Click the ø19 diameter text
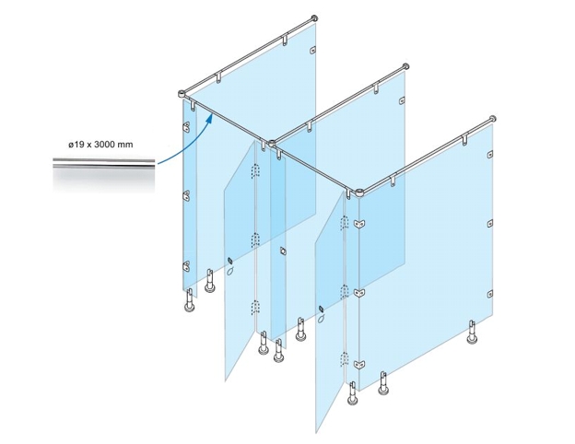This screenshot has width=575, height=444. coord(76,145)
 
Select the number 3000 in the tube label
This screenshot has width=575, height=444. coord(104,145)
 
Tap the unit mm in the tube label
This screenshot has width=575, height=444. coord(125,145)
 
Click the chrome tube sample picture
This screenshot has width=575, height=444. coord(104,173)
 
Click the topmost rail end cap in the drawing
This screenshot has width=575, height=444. coord(314,18)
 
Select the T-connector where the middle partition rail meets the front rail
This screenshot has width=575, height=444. coord(272,143)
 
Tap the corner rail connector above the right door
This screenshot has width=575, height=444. coord(359,193)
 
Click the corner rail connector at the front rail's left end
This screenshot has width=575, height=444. coord(182,94)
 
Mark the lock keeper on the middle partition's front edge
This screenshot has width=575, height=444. coord(282,251)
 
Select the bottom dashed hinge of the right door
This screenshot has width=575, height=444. coord(344,360)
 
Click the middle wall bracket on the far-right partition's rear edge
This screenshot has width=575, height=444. coord(490,224)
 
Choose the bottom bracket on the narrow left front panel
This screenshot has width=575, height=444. coord(187,265)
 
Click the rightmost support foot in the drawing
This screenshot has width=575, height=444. coord(473,333)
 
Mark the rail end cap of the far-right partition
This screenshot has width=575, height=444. coord(493,119)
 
